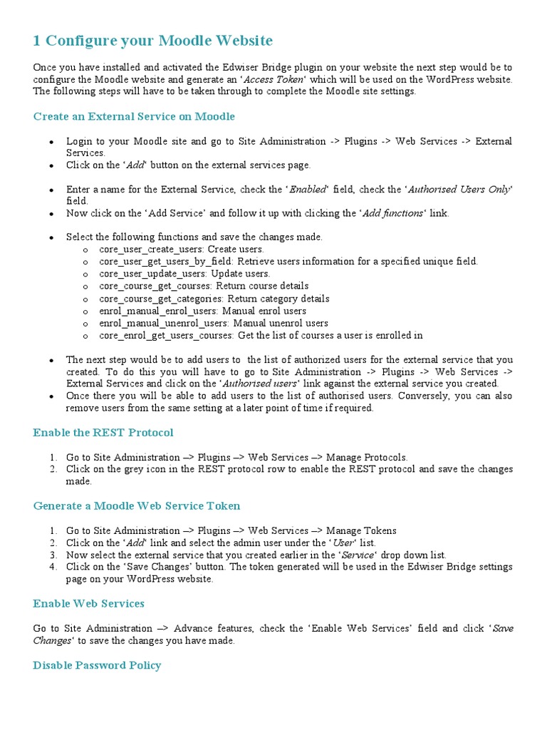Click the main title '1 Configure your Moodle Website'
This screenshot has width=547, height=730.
pyautogui.click(x=152, y=41)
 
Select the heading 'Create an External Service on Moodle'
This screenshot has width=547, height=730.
pyautogui.click(x=134, y=116)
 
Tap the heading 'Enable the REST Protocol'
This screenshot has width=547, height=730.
pyautogui.click(x=103, y=433)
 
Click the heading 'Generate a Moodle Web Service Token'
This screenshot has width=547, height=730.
pyautogui.click(x=137, y=506)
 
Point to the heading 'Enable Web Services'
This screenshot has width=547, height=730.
pyautogui.click(x=89, y=604)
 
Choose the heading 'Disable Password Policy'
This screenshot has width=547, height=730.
pyautogui.click(x=97, y=665)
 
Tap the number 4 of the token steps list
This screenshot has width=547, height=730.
pyautogui.click(x=53, y=567)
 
